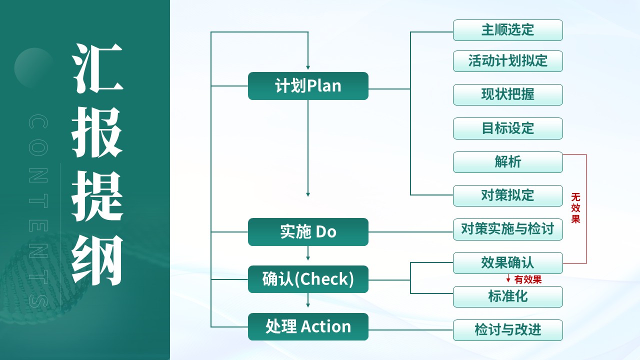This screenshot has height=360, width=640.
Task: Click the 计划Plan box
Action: point(308,86)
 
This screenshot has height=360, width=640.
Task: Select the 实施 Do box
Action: point(308,231)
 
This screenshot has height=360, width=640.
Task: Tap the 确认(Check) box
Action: point(308,279)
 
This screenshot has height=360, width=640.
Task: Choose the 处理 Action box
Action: point(308,326)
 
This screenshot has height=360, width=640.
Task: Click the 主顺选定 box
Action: point(507,30)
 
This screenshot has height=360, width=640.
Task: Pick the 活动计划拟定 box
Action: point(507,61)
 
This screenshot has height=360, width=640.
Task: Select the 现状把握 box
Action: point(507,94)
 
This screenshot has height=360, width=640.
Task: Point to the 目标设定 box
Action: point(507,128)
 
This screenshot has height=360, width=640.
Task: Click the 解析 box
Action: point(507,162)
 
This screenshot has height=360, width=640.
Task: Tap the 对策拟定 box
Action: point(507,195)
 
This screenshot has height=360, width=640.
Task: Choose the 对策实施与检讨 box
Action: point(507,229)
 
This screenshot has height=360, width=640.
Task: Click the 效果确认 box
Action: point(507,263)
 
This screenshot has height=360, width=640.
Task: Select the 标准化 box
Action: point(507,296)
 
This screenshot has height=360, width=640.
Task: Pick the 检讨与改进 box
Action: point(507,330)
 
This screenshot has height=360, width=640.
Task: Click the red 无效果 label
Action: point(575,208)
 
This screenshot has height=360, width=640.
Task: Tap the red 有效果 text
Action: point(527,279)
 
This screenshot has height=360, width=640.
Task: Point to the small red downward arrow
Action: point(508,278)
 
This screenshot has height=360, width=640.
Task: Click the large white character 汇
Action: point(97,68)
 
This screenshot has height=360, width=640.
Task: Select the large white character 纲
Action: point(97,260)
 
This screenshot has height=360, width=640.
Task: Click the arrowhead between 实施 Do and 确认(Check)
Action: point(308,258)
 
